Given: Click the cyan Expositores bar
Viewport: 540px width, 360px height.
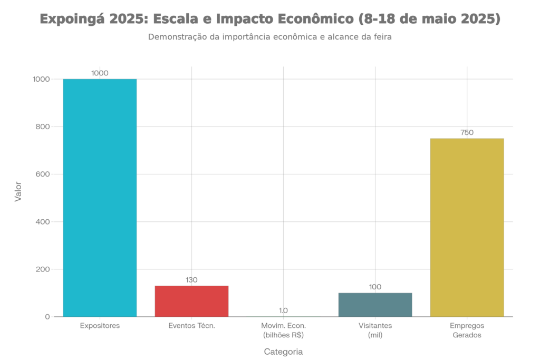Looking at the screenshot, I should point(100,198).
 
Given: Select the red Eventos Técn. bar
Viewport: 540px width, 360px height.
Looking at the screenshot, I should point(191,301).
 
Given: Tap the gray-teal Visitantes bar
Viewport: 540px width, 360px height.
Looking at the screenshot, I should point(375,305).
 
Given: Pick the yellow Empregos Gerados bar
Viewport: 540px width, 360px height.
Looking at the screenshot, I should point(467,227).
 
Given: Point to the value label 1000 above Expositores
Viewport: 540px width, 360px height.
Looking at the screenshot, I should point(100,73).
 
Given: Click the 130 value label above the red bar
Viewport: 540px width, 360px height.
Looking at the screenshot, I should point(191,280).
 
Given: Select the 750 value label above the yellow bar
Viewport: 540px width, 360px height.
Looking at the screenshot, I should point(467,133).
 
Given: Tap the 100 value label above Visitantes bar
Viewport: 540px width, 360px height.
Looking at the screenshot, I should point(375,287).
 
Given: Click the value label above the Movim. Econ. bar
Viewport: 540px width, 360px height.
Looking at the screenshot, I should point(283,310).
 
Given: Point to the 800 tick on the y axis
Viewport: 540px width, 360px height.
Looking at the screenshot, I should point(42,127).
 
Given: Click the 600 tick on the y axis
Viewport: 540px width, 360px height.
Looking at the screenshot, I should point(42,174).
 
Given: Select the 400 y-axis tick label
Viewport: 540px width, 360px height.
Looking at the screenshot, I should point(42,222).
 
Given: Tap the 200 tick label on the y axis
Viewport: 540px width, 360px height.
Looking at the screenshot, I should point(42,269).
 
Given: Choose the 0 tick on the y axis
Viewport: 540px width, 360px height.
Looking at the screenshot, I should point(47,317).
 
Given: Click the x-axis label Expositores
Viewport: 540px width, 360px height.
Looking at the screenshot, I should point(100,326).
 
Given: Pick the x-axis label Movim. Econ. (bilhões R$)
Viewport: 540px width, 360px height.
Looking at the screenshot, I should point(283,330).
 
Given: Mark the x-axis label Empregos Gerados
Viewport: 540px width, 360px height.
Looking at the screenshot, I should point(467,330).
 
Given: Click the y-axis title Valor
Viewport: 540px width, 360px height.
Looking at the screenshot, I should point(18,192).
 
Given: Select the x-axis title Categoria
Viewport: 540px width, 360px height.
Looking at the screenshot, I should point(283,351).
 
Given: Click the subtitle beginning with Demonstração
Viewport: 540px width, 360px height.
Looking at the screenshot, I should point(270,37).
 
